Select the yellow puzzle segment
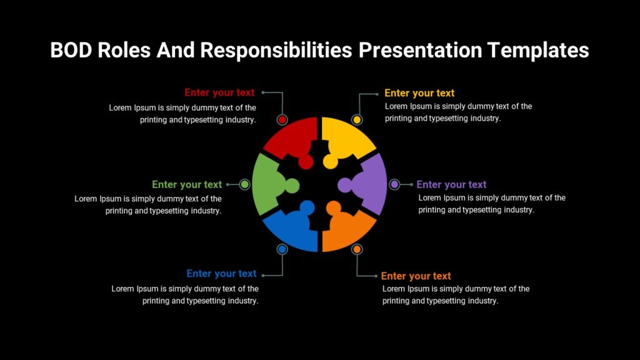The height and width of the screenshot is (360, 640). pyautogui.click(x=347, y=141)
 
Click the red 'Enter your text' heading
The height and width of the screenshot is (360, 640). pyautogui.click(x=219, y=92)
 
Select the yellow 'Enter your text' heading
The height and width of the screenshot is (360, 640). pyautogui.click(x=419, y=93)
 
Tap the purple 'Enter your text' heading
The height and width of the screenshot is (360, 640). pyautogui.click(x=451, y=184)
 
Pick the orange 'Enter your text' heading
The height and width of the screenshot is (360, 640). pyautogui.click(x=416, y=276)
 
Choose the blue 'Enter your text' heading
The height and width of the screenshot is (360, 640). pyautogui.click(x=221, y=273)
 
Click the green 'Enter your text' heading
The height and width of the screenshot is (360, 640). pyautogui.click(x=187, y=184)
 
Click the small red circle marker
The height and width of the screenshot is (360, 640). pyautogui.click(x=282, y=119)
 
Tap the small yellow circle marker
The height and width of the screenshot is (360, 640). pyautogui.click(x=357, y=119)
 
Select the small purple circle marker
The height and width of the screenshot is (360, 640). pyautogui.click(x=394, y=184)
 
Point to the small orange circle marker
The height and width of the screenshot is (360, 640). pyautogui.click(x=357, y=249)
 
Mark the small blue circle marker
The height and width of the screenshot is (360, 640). pyautogui.click(x=282, y=249)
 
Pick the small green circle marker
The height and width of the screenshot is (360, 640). pyautogui.click(x=245, y=184)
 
